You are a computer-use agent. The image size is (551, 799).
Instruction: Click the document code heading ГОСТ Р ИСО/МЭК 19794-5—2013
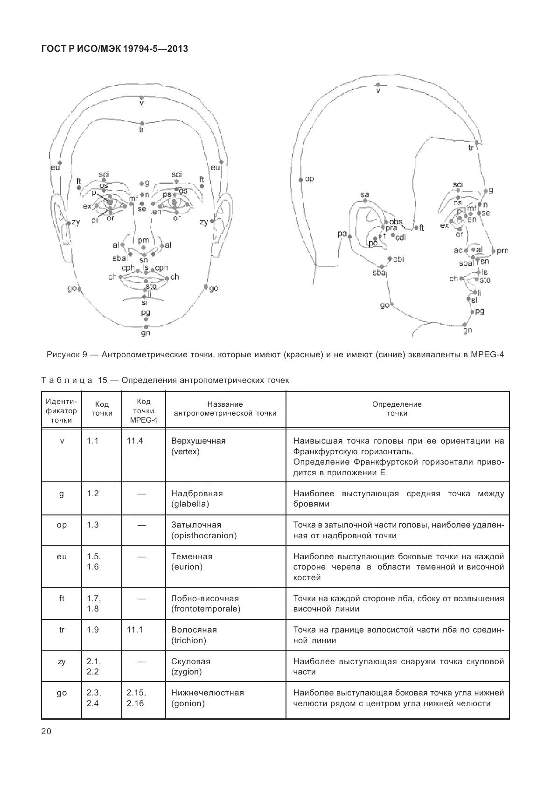coord(114,48)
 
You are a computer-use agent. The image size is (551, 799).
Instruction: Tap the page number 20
coord(46,731)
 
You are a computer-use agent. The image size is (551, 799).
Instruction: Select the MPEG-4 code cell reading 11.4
coord(135,441)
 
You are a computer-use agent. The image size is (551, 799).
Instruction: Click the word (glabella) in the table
coord(190,504)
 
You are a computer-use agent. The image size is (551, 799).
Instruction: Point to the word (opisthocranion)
coord(204,535)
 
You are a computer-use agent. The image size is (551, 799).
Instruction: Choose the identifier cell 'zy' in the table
coord(62,661)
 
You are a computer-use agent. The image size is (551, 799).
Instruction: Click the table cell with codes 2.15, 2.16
coord(136,698)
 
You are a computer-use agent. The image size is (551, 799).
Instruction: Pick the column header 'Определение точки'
coord(397,409)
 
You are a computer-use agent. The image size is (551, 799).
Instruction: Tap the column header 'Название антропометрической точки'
coord(225,409)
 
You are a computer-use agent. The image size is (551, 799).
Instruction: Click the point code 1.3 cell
coord(93,525)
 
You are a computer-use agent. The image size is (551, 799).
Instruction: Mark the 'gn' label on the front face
coord(146,333)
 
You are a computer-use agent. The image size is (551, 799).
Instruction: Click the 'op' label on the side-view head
coord(309,179)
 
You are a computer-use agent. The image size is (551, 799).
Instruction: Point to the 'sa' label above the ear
coord(364,194)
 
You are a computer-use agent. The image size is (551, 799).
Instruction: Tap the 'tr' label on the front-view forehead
coord(141,129)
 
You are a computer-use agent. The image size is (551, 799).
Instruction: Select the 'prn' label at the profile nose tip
coord(502,251)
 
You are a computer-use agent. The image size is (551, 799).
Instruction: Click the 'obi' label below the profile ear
coord(398,259)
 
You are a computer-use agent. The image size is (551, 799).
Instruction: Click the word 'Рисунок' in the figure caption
coord(63,354)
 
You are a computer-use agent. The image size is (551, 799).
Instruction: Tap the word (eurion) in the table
coord(187,567)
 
